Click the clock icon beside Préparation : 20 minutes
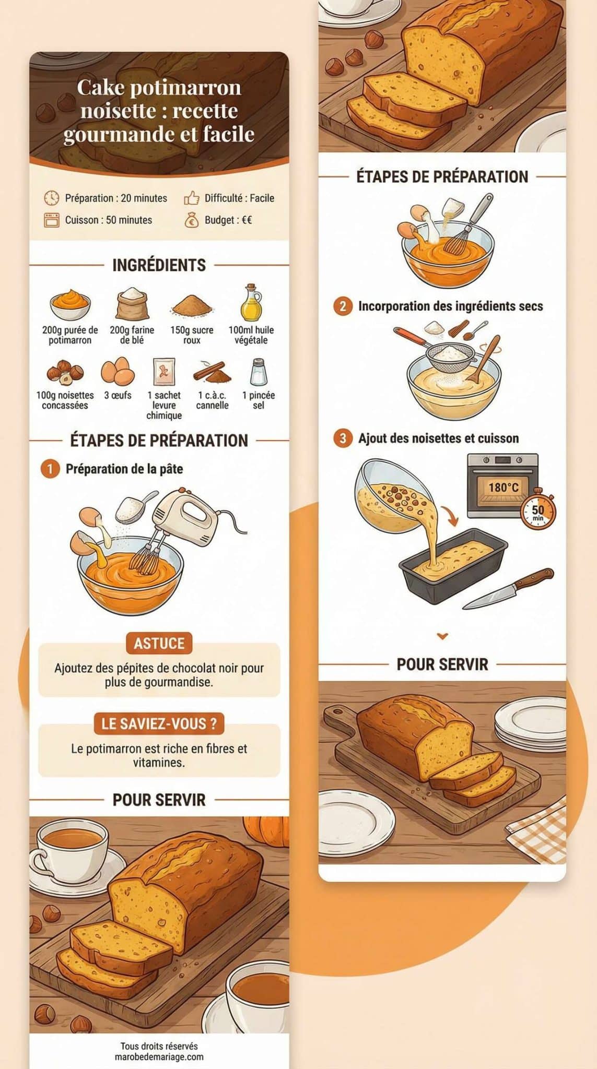click(51, 198)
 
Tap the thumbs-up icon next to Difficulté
click(192, 198)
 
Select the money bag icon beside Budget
click(192, 220)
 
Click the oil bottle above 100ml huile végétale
click(251, 303)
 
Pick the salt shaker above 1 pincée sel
click(258, 371)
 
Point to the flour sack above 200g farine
click(132, 303)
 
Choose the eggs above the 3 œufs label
click(118, 371)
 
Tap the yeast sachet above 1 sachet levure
click(163, 372)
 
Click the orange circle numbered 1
click(50, 469)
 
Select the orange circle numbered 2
click(343, 306)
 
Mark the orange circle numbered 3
click(343, 438)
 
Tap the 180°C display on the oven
click(504, 488)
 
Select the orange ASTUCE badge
click(159, 643)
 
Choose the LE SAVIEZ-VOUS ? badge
click(159, 723)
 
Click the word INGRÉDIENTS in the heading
click(159, 265)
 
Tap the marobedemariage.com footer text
click(159, 1057)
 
